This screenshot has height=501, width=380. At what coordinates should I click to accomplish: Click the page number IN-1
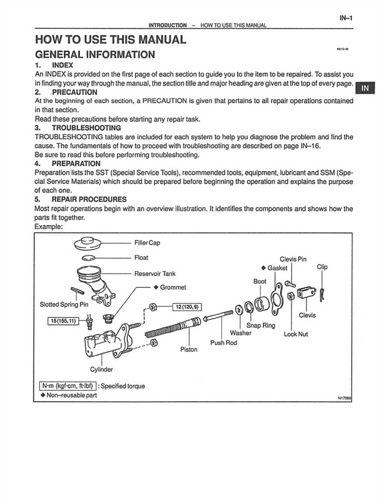[346, 19]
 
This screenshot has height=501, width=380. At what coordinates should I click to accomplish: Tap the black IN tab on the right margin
[365, 88]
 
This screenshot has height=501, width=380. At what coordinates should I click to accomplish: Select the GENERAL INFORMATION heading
[95, 55]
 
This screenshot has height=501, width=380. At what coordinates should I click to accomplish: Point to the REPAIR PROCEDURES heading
[89, 199]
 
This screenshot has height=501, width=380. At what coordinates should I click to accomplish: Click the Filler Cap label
[147, 243]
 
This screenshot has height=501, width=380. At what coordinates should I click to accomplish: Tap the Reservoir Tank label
[155, 274]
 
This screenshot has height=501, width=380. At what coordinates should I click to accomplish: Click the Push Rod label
[224, 343]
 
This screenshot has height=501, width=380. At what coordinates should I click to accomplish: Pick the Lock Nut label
[296, 334]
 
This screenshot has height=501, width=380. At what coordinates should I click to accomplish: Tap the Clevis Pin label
[293, 259]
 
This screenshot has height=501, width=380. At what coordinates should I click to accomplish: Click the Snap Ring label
[261, 325]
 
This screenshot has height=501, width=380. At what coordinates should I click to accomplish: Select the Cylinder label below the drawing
[101, 370]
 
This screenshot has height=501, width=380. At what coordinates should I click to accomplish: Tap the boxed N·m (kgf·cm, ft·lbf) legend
[67, 386]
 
